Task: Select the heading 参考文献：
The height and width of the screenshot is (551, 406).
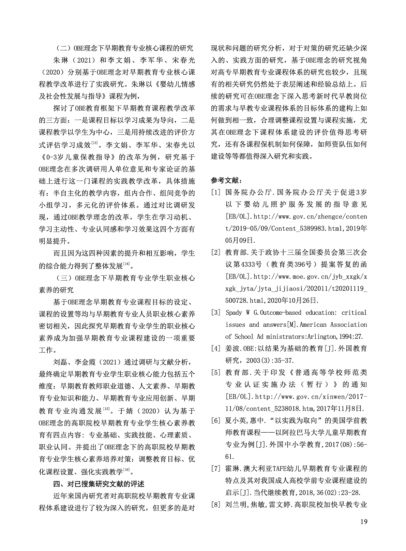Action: pyautogui.click(x=227, y=180)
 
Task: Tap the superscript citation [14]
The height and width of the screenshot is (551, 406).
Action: pyautogui.click(x=126, y=264)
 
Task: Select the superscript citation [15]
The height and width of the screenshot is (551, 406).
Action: pyautogui.click(x=106, y=408)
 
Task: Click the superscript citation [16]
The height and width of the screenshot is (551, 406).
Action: pyautogui.click(x=126, y=470)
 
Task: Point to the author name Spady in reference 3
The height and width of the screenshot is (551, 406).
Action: pyautogui.click(x=234, y=312)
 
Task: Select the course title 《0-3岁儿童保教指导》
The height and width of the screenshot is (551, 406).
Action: pyautogui.click(x=79, y=157)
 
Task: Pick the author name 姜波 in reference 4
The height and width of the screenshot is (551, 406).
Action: pyautogui.click(x=232, y=348)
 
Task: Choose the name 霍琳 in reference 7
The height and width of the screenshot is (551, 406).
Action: pyautogui.click(x=232, y=468)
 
